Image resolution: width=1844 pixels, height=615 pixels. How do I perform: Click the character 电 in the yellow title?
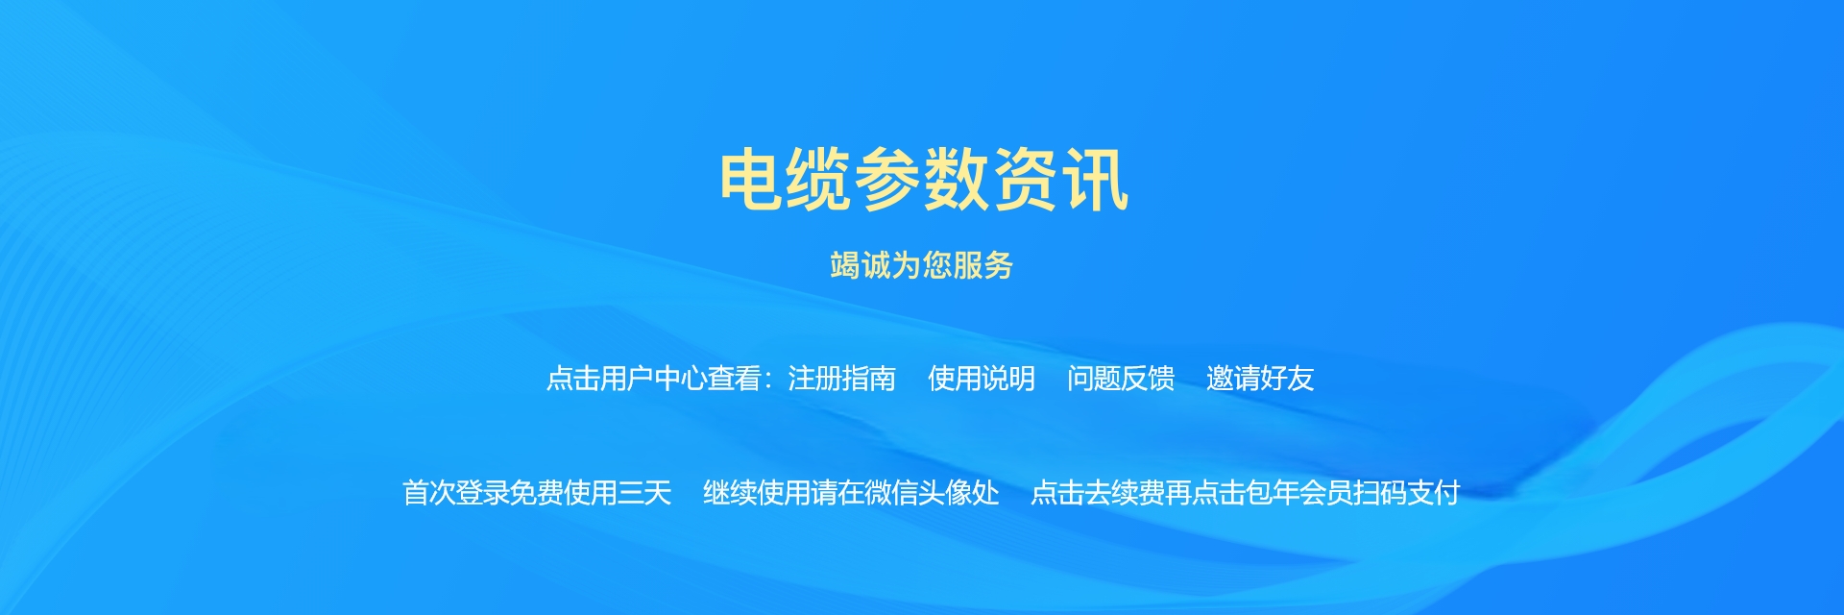click(753, 179)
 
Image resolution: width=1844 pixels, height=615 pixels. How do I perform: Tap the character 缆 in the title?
click(821, 179)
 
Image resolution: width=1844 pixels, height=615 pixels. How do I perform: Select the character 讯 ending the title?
click(1094, 179)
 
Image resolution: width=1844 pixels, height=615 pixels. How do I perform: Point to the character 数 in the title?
click(958, 179)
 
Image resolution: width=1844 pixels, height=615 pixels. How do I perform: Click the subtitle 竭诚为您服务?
click(922, 265)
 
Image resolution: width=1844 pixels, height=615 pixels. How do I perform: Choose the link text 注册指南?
click(841, 379)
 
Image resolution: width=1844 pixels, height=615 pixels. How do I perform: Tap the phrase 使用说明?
click(982, 379)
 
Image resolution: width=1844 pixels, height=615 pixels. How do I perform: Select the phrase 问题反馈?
click(1121, 379)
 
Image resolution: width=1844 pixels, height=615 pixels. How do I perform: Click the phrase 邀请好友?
click(1260, 379)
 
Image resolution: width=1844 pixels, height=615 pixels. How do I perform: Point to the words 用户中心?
click(654, 379)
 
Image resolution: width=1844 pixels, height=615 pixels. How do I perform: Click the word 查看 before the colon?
click(735, 379)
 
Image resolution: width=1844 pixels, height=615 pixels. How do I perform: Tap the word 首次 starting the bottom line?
click(429, 493)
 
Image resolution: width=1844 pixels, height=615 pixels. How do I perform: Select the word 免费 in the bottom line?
click(537, 493)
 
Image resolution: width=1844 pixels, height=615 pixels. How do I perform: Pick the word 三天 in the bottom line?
click(644, 493)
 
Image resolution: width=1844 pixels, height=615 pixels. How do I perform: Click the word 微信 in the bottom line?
click(891, 493)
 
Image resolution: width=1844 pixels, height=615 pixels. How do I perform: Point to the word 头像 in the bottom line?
click(945, 493)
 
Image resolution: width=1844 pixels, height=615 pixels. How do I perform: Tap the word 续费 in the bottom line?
click(1138, 493)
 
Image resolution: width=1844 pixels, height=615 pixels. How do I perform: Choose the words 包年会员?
click(1299, 493)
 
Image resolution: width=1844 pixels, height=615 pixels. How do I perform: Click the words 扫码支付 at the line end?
click(1407, 493)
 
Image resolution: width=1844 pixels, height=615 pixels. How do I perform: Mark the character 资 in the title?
click(1026, 179)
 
